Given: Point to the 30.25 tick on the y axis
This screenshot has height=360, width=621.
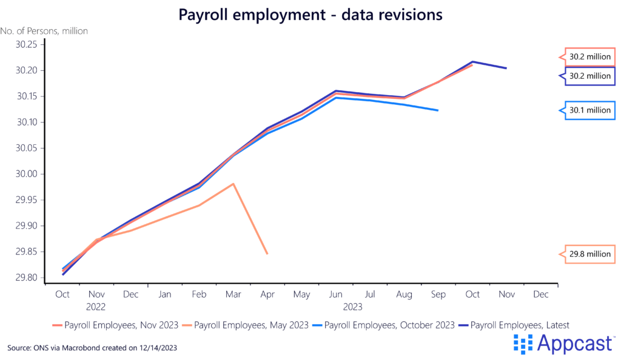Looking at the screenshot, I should point(27,45).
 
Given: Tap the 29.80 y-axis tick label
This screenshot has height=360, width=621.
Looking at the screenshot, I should point(27,278).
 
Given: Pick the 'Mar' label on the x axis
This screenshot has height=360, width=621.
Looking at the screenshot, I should point(233,295).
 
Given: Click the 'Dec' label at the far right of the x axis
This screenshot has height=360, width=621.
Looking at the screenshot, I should point(540,295).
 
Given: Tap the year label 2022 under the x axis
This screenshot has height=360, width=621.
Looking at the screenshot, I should point(96,307).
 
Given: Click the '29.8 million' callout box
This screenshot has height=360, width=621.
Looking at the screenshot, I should point(590,254).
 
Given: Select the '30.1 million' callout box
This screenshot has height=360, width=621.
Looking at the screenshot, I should point(590,110).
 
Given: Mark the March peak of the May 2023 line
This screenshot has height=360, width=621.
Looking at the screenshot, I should point(233,184).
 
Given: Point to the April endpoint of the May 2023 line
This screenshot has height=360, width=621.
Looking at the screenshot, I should point(267,253).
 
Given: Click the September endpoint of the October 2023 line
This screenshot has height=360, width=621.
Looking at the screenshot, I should point(438,110).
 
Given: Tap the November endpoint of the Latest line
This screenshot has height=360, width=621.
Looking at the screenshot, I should point(506,68).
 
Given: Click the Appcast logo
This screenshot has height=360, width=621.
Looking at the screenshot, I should point(563,344).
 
